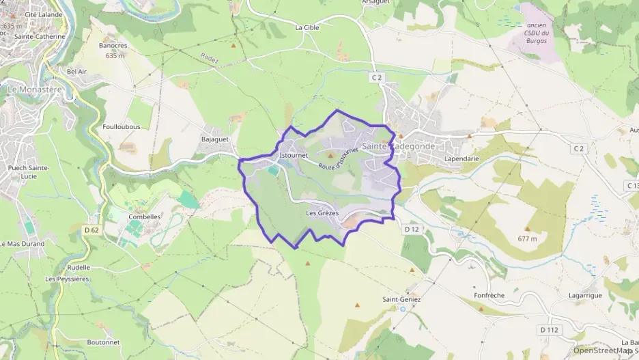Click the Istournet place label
click(x=294, y=155)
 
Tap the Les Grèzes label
click(x=322, y=213)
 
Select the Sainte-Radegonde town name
click(x=394, y=146)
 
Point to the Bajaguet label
click(x=214, y=139)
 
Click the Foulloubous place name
click(x=121, y=126)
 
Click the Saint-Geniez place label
click(x=401, y=299)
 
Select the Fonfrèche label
click(x=489, y=295)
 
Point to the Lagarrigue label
click(x=584, y=295)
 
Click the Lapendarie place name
click(x=461, y=158)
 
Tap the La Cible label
click(x=307, y=28)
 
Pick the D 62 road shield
click(x=91, y=230)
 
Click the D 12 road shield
click(x=411, y=230)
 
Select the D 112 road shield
click(x=549, y=330)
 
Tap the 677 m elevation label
click(x=527, y=238)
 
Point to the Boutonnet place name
click(x=103, y=342)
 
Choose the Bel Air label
click(x=77, y=71)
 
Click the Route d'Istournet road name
click(x=338, y=160)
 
